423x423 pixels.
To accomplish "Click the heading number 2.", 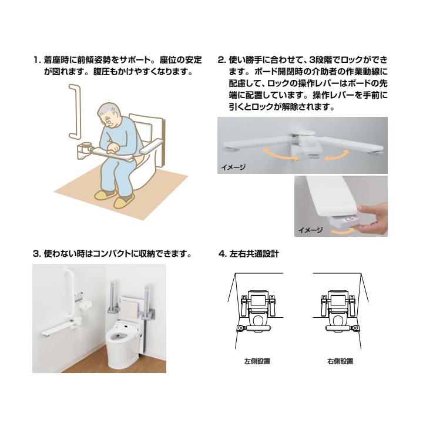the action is pyautogui.click(x=221, y=60).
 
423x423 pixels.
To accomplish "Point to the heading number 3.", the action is pyautogui.click(x=36, y=254).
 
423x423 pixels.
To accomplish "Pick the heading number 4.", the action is pyautogui.click(x=221, y=254).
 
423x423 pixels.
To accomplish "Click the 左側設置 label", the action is pyautogui.click(x=257, y=361).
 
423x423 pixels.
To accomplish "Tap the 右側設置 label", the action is pyautogui.click(x=340, y=361).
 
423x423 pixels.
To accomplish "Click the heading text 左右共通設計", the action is pyautogui.click(x=254, y=254).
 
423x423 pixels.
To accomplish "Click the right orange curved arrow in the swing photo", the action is pyautogui.click(x=337, y=155).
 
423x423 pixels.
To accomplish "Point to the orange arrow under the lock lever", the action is pyautogui.click(x=342, y=231).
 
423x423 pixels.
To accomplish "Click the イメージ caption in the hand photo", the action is pyautogui.click(x=310, y=230).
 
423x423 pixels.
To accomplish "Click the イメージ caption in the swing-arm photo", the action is pyautogui.click(x=233, y=167).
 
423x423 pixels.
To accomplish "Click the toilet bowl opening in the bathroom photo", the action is pyautogui.click(x=119, y=336).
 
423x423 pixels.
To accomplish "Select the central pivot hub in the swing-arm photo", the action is pyautogui.click(x=307, y=138).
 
